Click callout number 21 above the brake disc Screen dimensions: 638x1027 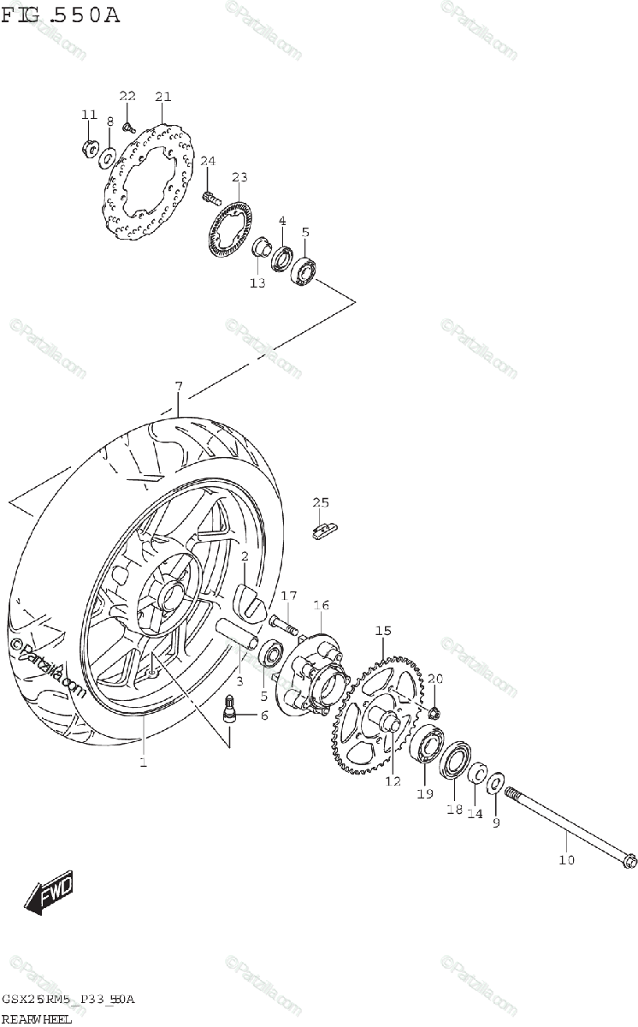click(x=163, y=97)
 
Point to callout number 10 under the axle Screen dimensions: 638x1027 click(x=567, y=860)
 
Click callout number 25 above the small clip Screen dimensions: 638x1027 click(x=320, y=502)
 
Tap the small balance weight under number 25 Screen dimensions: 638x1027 click(x=323, y=531)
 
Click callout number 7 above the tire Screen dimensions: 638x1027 click(x=178, y=387)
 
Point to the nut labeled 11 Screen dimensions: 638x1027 click(x=88, y=148)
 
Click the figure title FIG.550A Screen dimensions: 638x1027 click(x=61, y=15)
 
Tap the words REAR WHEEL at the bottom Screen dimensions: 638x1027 click(x=36, y=1018)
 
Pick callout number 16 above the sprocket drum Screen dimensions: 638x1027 click(x=321, y=605)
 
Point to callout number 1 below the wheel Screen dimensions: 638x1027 click(x=143, y=761)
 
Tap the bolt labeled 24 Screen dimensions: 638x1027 click(x=210, y=198)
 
